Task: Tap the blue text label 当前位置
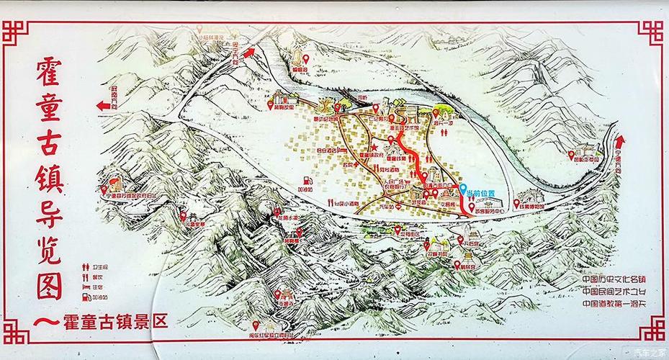(x=481, y=194)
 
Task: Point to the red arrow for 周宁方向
(x=249, y=52)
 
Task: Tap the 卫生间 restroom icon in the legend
(x=84, y=267)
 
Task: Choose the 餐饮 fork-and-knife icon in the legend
(x=84, y=276)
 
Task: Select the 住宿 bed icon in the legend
(x=84, y=286)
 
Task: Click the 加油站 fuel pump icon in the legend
(x=84, y=296)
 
